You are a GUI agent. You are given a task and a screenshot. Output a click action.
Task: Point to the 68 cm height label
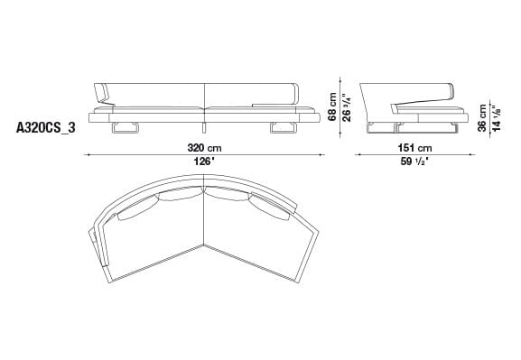coord(333,106)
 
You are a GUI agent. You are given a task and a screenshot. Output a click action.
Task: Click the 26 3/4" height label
coord(346,106)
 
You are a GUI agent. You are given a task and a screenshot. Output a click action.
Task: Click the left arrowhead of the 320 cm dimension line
coord(88,155)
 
